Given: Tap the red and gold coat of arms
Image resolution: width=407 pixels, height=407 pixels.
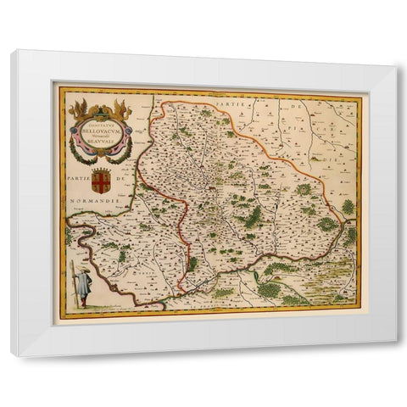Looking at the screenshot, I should pos(101,183).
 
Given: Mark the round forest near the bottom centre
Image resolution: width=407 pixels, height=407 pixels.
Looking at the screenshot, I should pos(270,290).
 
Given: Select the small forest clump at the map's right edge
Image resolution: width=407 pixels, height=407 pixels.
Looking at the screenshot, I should pos(348,206).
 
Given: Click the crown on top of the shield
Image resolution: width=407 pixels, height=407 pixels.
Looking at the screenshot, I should pos(101,171).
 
